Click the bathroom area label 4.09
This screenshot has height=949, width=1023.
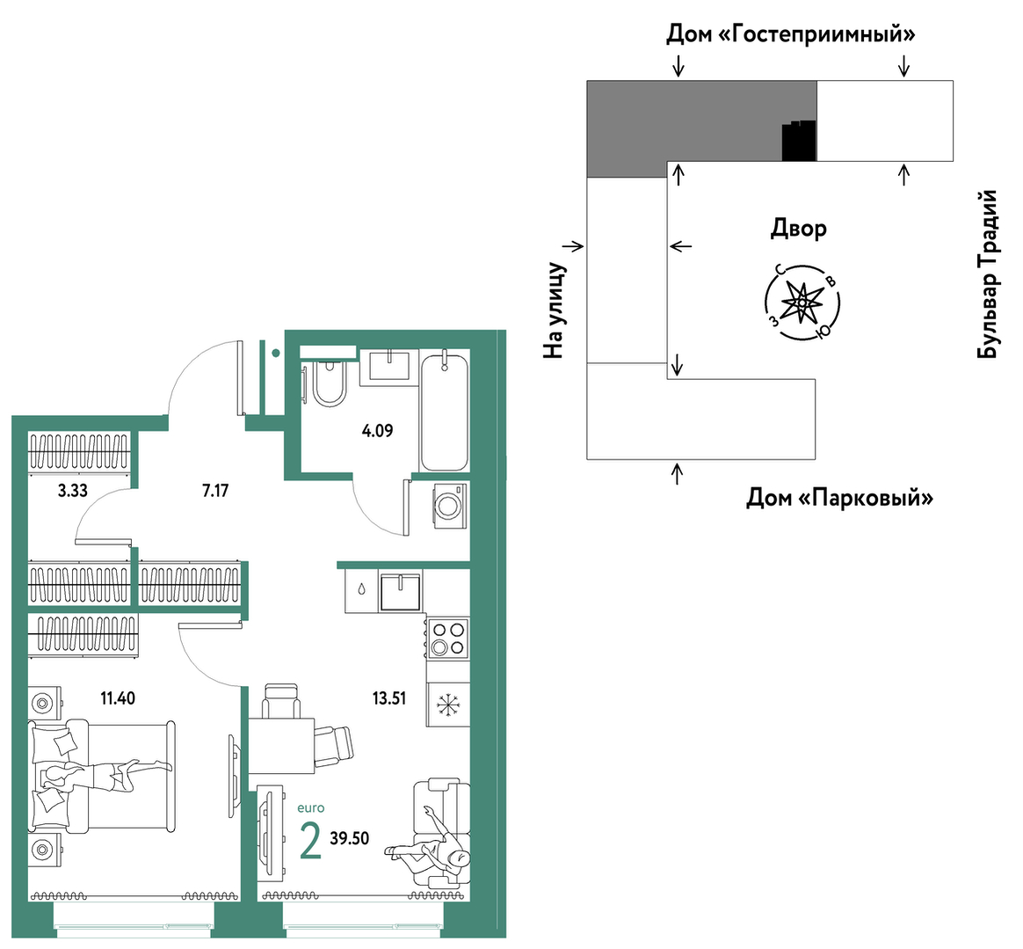click(x=377, y=431)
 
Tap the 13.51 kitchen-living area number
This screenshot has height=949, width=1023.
click(x=388, y=698)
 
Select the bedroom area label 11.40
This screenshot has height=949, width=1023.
click(x=118, y=698)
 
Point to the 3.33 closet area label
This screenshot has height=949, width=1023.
click(x=72, y=491)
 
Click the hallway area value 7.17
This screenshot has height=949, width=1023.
click(x=215, y=491)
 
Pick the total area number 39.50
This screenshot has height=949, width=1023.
click(x=350, y=838)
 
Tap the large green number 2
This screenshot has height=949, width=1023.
click(x=310, y=842)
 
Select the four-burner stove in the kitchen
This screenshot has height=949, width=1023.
click(x=448, y=639)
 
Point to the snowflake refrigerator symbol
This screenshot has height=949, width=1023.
click(x=447, y=704)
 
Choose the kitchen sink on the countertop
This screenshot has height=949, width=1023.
click(x=401, y=592)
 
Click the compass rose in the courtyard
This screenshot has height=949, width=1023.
click(x=802, y=302)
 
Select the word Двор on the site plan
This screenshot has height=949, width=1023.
click(x=799, y=229)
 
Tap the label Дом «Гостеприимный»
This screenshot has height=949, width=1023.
click(x=790, y=34)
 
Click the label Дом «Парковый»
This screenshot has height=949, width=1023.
click(x=839, y=499)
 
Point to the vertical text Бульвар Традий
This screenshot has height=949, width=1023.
click(x=988, y=274)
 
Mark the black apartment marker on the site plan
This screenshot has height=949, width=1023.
click(x=799, y=141)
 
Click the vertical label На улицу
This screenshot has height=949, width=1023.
click(x=554, y=310)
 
